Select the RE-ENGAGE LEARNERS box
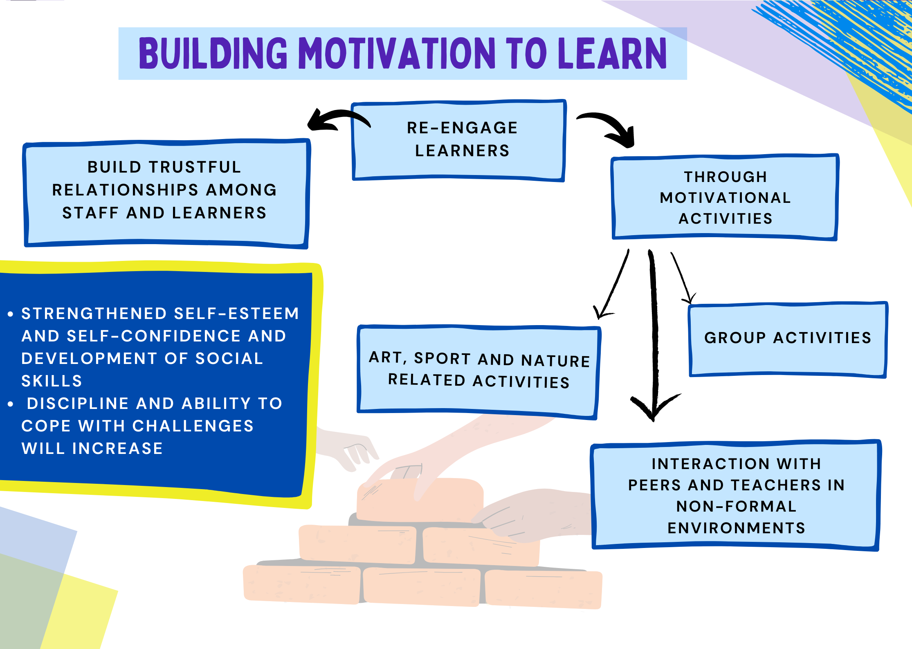[x=459, y=140]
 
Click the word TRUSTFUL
[x=195, y=167]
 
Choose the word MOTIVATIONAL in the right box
[x=726, y=198]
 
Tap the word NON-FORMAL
[x=736, y=506]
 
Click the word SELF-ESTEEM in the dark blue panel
[x=236, y=313]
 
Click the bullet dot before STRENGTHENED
[x=11, y=314]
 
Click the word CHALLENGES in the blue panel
[x=193, y=426]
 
